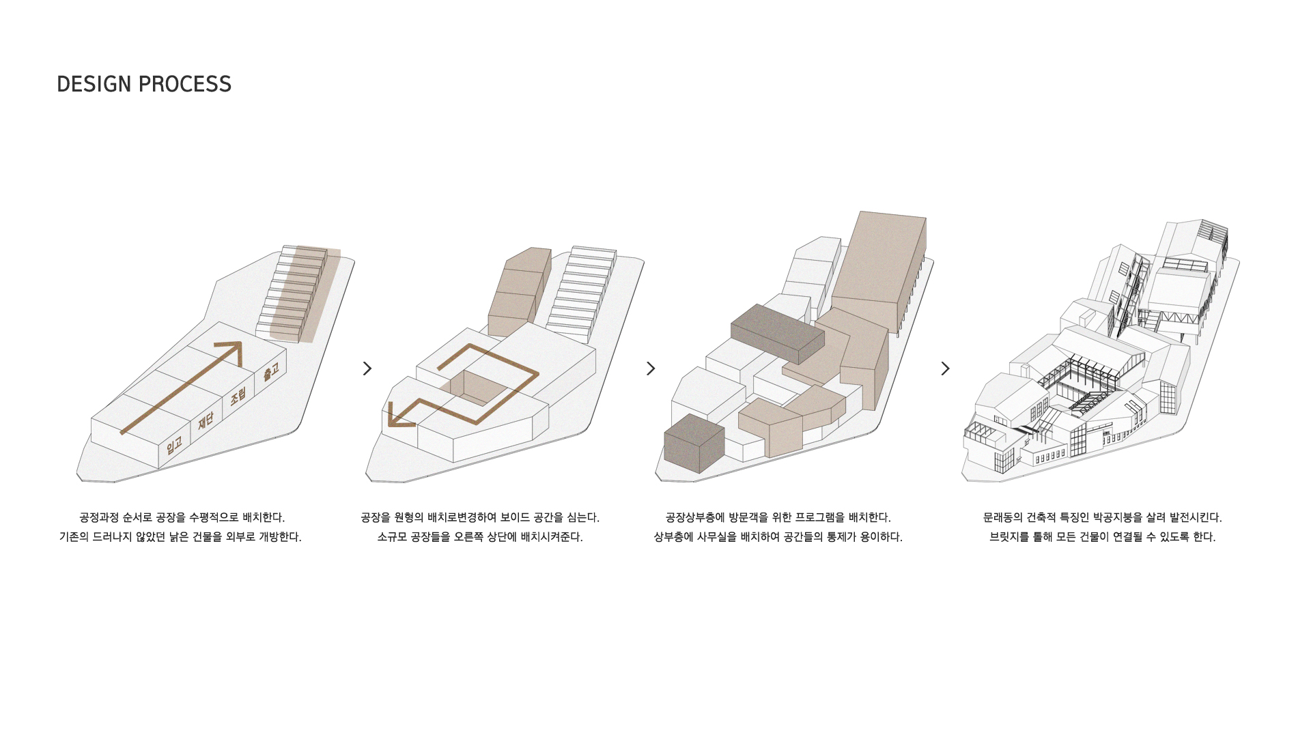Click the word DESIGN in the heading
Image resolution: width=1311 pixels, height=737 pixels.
[94, 84]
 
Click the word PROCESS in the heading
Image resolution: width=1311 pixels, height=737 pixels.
[185, 84]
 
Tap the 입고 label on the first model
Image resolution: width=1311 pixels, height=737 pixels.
[174, 446]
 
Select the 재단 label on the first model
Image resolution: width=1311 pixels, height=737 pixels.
[206, 421]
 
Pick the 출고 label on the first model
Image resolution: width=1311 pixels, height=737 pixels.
[271, 371]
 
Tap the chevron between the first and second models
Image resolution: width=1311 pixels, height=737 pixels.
[367, 369]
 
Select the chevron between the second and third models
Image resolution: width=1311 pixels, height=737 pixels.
[651, 369]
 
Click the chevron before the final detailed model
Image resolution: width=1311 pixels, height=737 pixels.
[945, 369]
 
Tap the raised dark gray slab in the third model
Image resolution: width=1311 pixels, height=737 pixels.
[777, 334]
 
